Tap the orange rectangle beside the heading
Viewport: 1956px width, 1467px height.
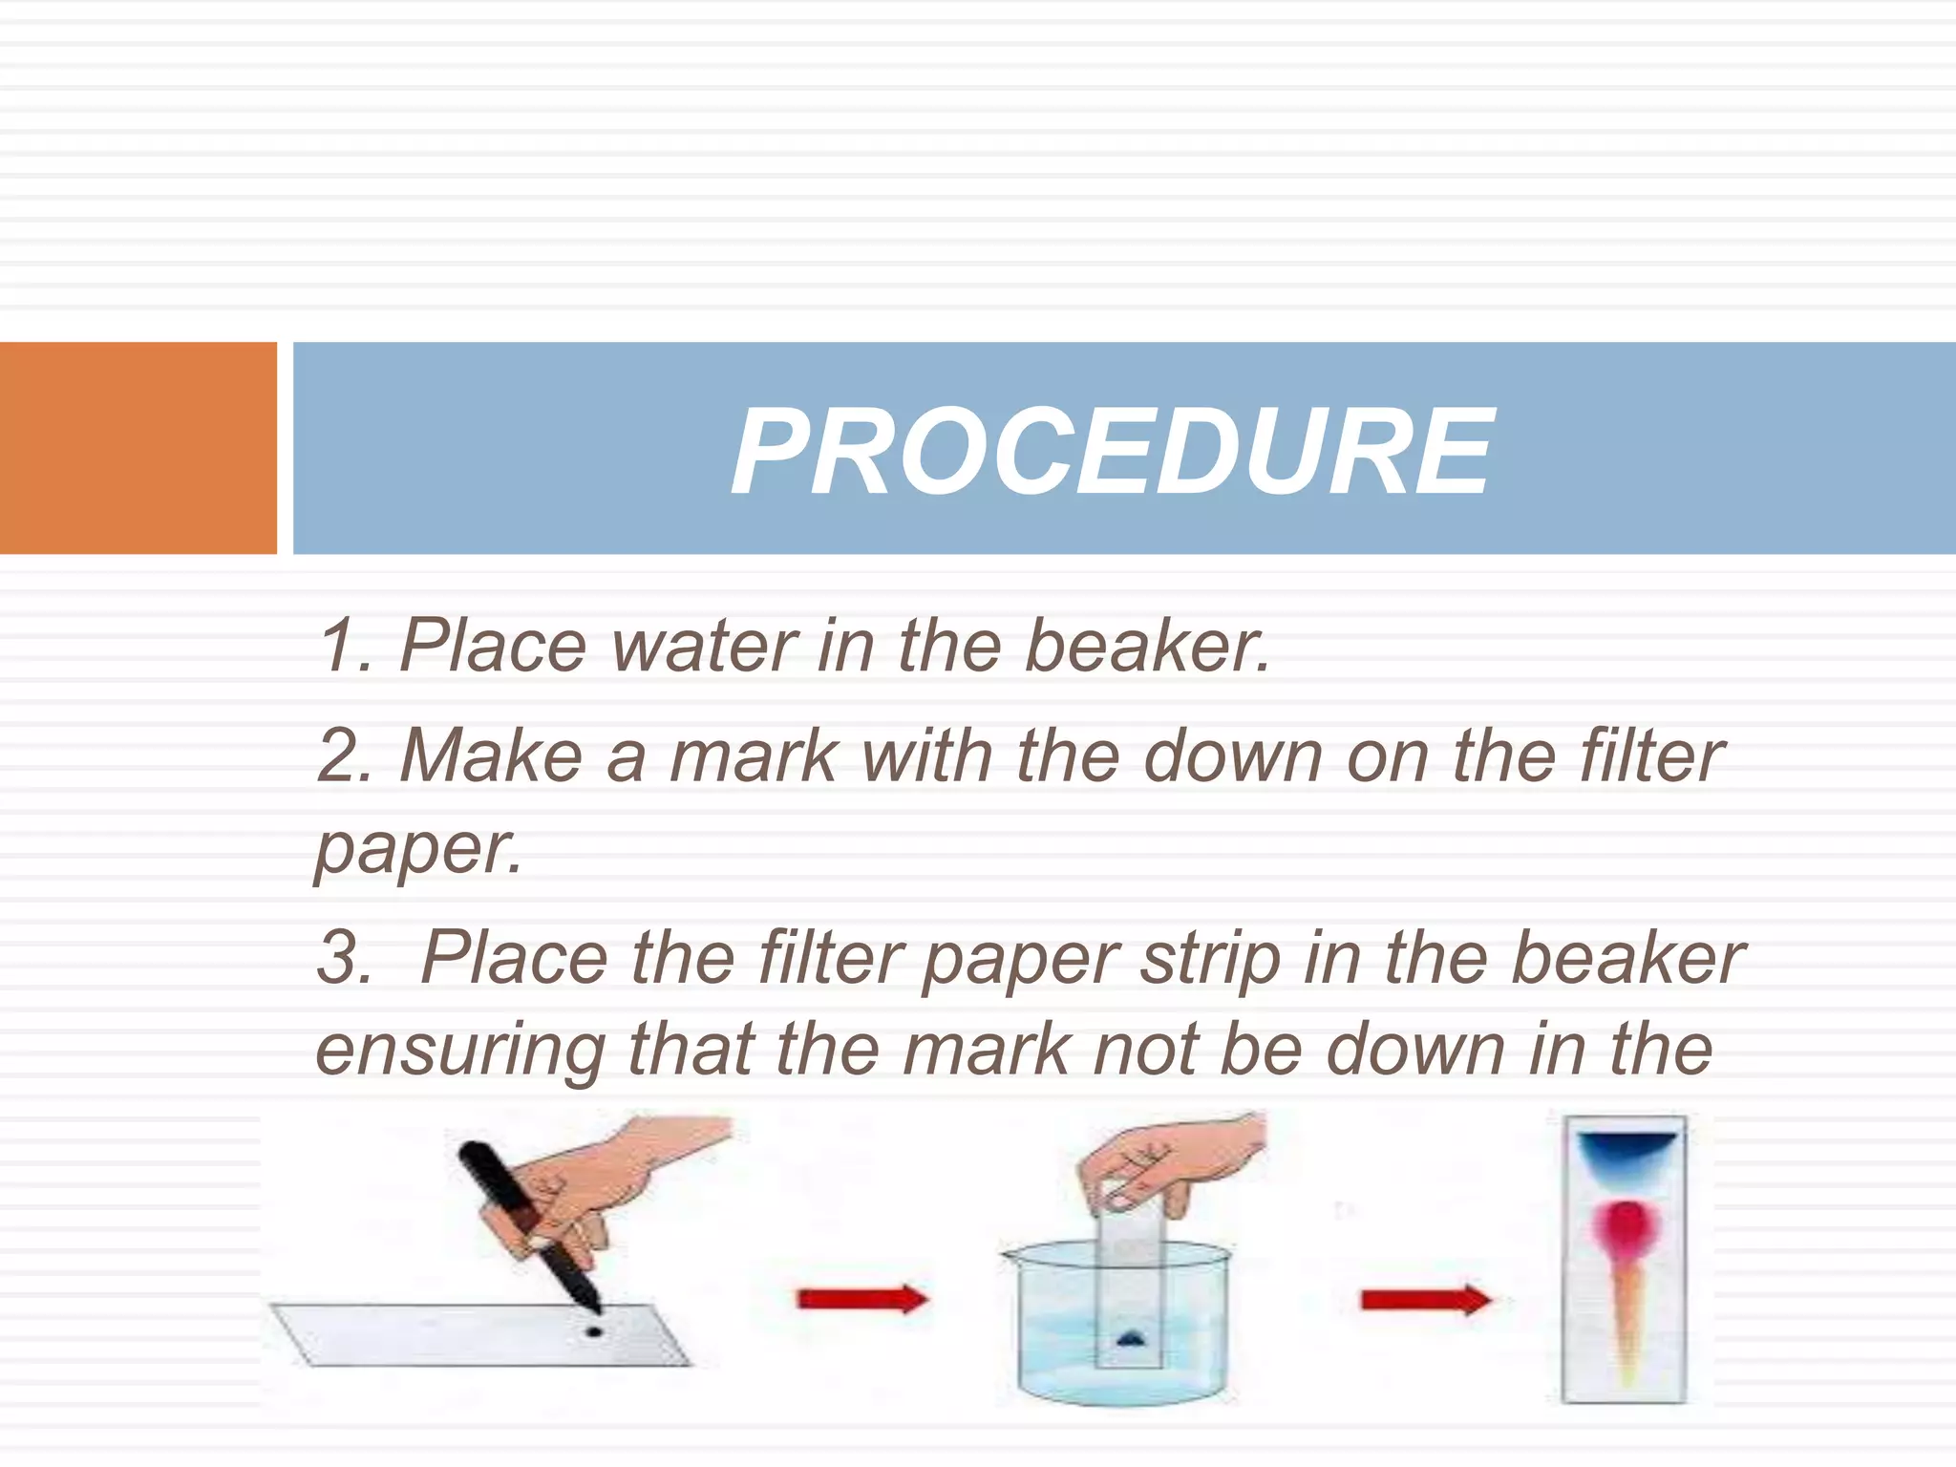click(x=138, y=447)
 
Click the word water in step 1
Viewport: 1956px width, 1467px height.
click(x=705, y=647)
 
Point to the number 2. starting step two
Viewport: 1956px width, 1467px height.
click(x=345, y=756)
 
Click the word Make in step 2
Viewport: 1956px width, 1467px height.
click(x=492, y=756)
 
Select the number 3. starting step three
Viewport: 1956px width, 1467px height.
click(x=345, y=959)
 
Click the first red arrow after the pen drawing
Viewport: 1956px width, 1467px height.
click(x=861, y=1299)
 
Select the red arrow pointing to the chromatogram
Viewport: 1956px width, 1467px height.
click(x=1424, y=1300)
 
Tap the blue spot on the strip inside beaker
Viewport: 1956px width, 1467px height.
click(x=1130, y=1337)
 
